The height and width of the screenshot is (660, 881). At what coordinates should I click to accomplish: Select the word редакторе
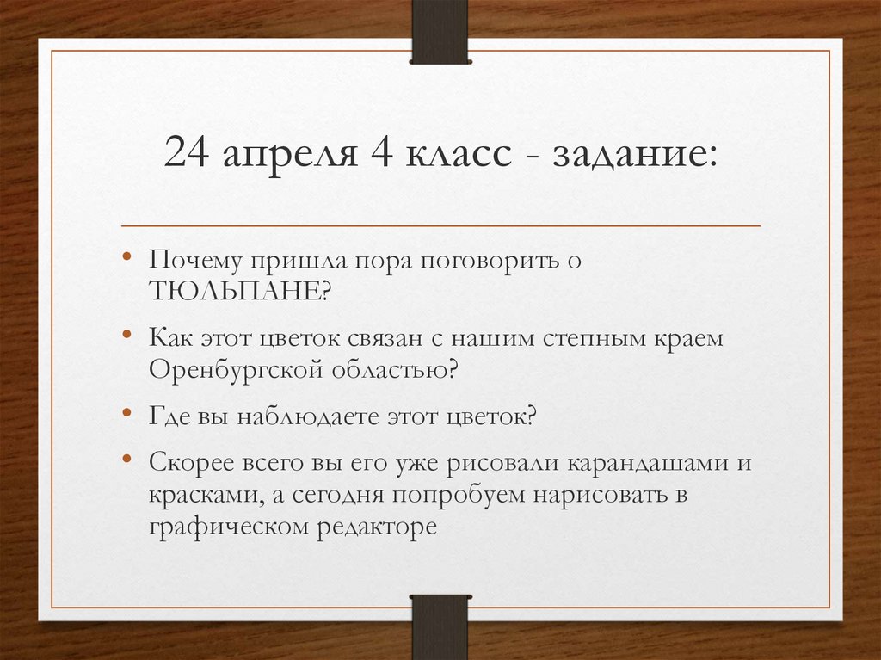[x=375, y=527]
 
